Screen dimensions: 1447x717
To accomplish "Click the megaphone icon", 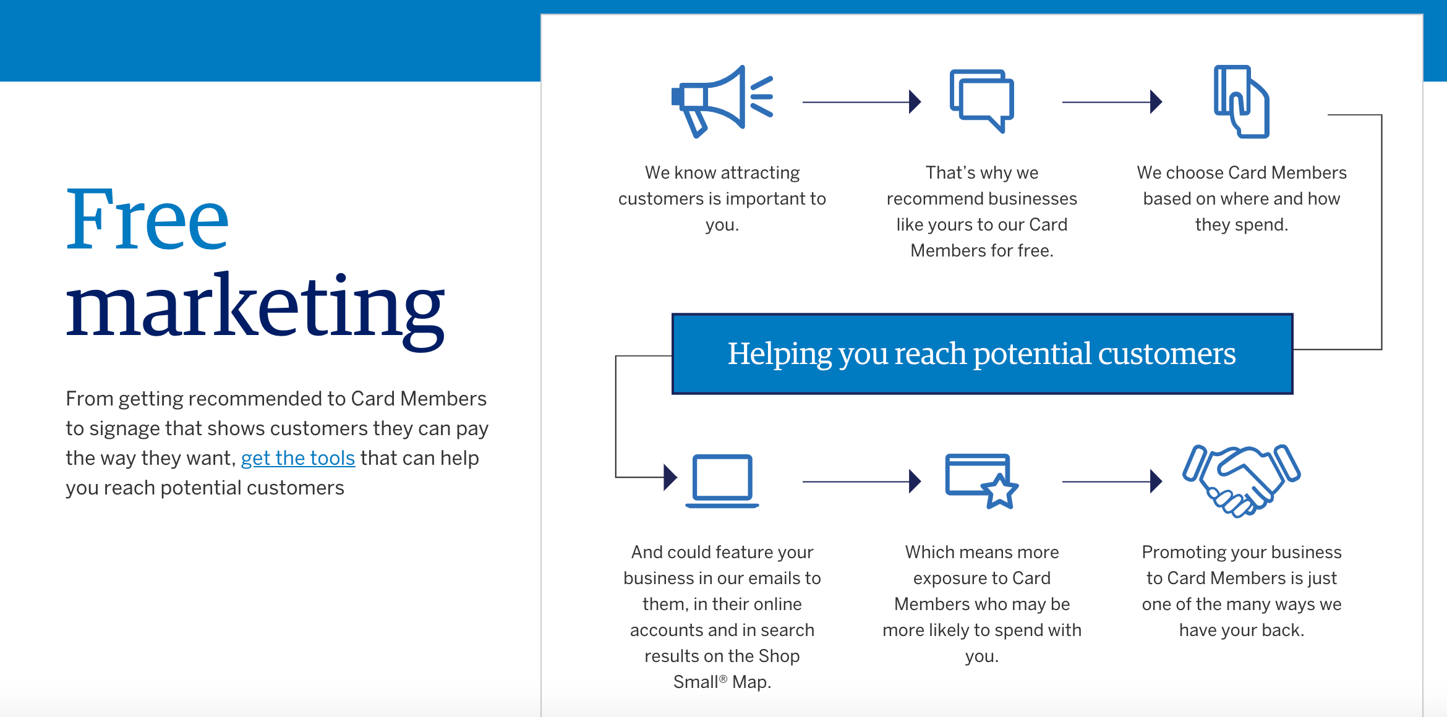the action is pos(722,101).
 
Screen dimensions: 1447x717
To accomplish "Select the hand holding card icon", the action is pos(1241,101).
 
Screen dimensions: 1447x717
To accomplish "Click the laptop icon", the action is pos(722,481).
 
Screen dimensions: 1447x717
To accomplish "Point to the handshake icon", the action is pos(1241,480).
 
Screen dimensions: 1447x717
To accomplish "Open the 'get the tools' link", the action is pos(297,458).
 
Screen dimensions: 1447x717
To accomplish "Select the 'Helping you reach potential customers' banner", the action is pos(982,354).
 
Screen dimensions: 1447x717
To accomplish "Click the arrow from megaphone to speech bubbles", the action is pos(862,102).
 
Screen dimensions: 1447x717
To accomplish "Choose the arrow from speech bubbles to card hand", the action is pos(1112,102).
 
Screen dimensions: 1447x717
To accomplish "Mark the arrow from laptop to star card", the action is pos(862,481).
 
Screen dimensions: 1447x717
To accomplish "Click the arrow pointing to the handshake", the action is pos(1112,481).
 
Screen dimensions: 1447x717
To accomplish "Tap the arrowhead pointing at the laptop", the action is pos(670,477).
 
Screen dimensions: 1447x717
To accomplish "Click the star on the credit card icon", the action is pos(999,491).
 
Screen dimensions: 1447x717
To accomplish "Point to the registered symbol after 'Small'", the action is pos(723,678).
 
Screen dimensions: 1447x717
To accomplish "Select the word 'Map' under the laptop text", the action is pos(751,682).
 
